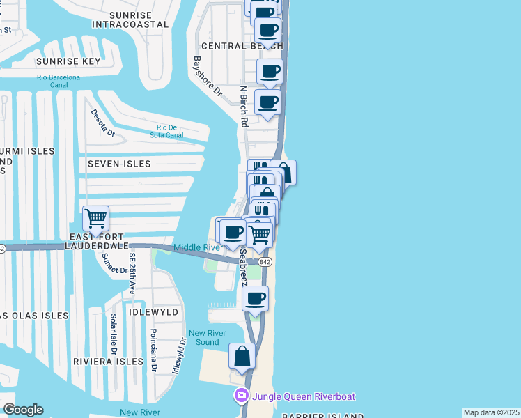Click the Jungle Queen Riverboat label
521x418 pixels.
[304, 396]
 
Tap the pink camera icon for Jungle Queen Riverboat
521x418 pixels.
[242, 396]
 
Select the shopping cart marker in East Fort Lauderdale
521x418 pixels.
[95, 218]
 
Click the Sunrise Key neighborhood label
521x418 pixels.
[68, 61]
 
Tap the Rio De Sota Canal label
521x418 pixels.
[170, 131]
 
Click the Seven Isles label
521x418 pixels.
[118, 164]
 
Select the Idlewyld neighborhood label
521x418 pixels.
[155, 312]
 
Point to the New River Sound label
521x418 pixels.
[208, 337]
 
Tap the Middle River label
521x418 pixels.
[198, 247]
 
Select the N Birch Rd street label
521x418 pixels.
[244, 107]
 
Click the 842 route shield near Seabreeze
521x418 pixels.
[265, 261]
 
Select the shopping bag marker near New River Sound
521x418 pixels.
[242, 357]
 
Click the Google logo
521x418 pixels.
[23, 410]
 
